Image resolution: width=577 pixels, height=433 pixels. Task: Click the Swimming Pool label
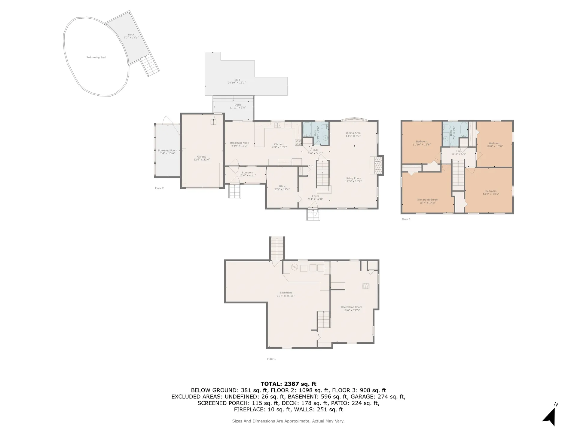pyautogui.click(x=96, y=57)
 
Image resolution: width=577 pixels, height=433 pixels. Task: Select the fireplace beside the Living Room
pyautogui.click(x=379, y=165)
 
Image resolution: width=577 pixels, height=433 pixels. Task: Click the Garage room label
pyautogui.click(x=202, y=157)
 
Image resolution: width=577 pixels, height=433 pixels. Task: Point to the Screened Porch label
pyautogui.click(x=167, y=151)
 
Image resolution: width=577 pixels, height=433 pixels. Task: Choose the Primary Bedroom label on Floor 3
pyautogui.click(x=427, y=200)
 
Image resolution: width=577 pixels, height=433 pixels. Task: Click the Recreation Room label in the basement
pyautogui.click(x=351, y=307)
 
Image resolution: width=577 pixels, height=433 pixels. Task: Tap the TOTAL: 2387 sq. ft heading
pyautogui.click(x=288, y=384)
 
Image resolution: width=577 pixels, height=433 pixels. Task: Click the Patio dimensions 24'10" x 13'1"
pyautogui.click(x=237, y=83)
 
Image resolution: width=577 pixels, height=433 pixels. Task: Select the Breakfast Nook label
pyautogui.click(x=240, y=143)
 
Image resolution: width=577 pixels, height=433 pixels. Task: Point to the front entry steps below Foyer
pyautogui.click(x=313, y=215)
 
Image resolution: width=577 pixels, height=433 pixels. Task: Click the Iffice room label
pyautogui.click(x=282, y=186)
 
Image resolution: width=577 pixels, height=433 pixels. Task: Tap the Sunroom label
pyautogui.click(x=247, y=173)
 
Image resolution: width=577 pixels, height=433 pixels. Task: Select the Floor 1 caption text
pyautogui.click(x=271, y=359)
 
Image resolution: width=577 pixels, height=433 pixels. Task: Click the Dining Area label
pyautogui.click(x=353, y=133)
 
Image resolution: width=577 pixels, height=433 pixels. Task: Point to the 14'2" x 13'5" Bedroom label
pyautogui.click(x=491, y=191)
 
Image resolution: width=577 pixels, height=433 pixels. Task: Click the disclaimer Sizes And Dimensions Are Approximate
pyautogui.click(x=288, y=421)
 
